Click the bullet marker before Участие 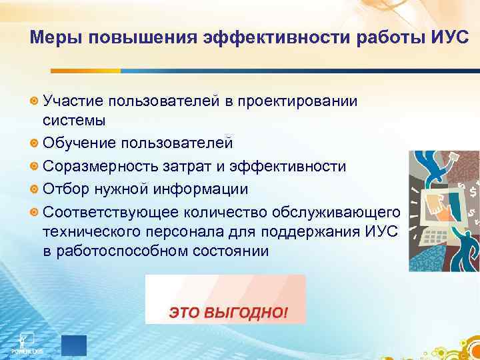tap(35, 101)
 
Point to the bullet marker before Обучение tap(35, 143)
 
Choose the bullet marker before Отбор tap(35, 189)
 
